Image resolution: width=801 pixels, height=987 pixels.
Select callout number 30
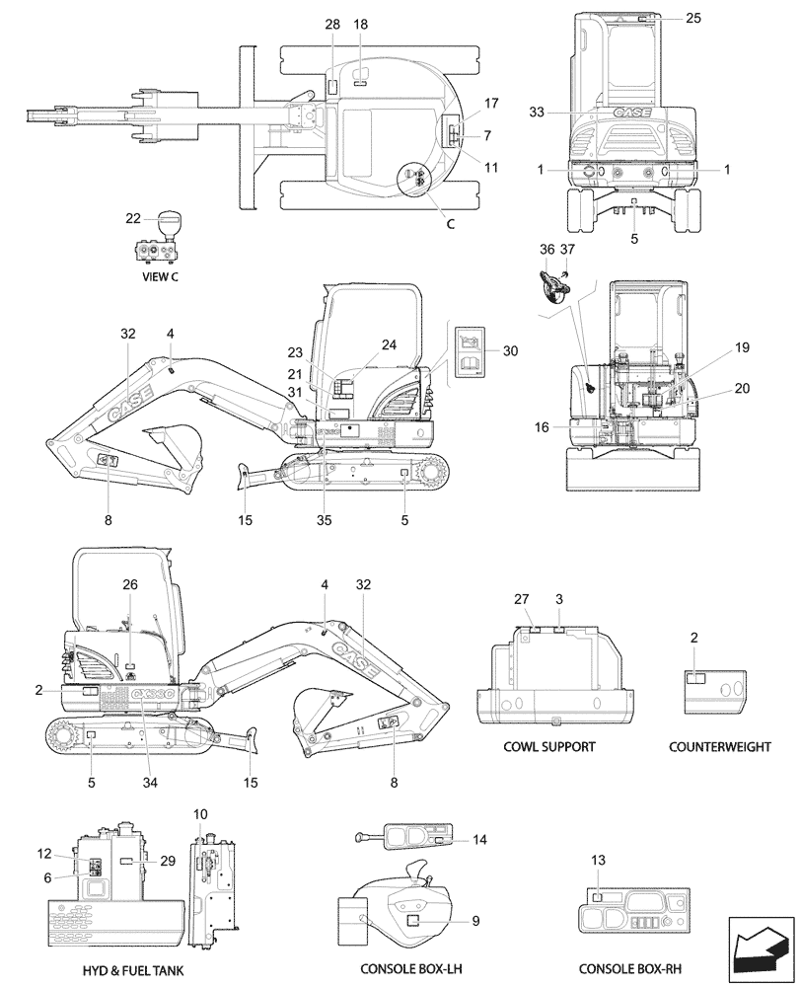[x=509, y=350]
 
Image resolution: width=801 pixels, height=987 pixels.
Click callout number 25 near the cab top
[x=694, y=19]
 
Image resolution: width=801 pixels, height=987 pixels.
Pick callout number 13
[x=597, y=861]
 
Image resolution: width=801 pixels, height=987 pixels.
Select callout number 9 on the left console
[x=475, y=921]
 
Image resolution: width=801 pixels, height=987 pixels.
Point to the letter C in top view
[x=450, y=224]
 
